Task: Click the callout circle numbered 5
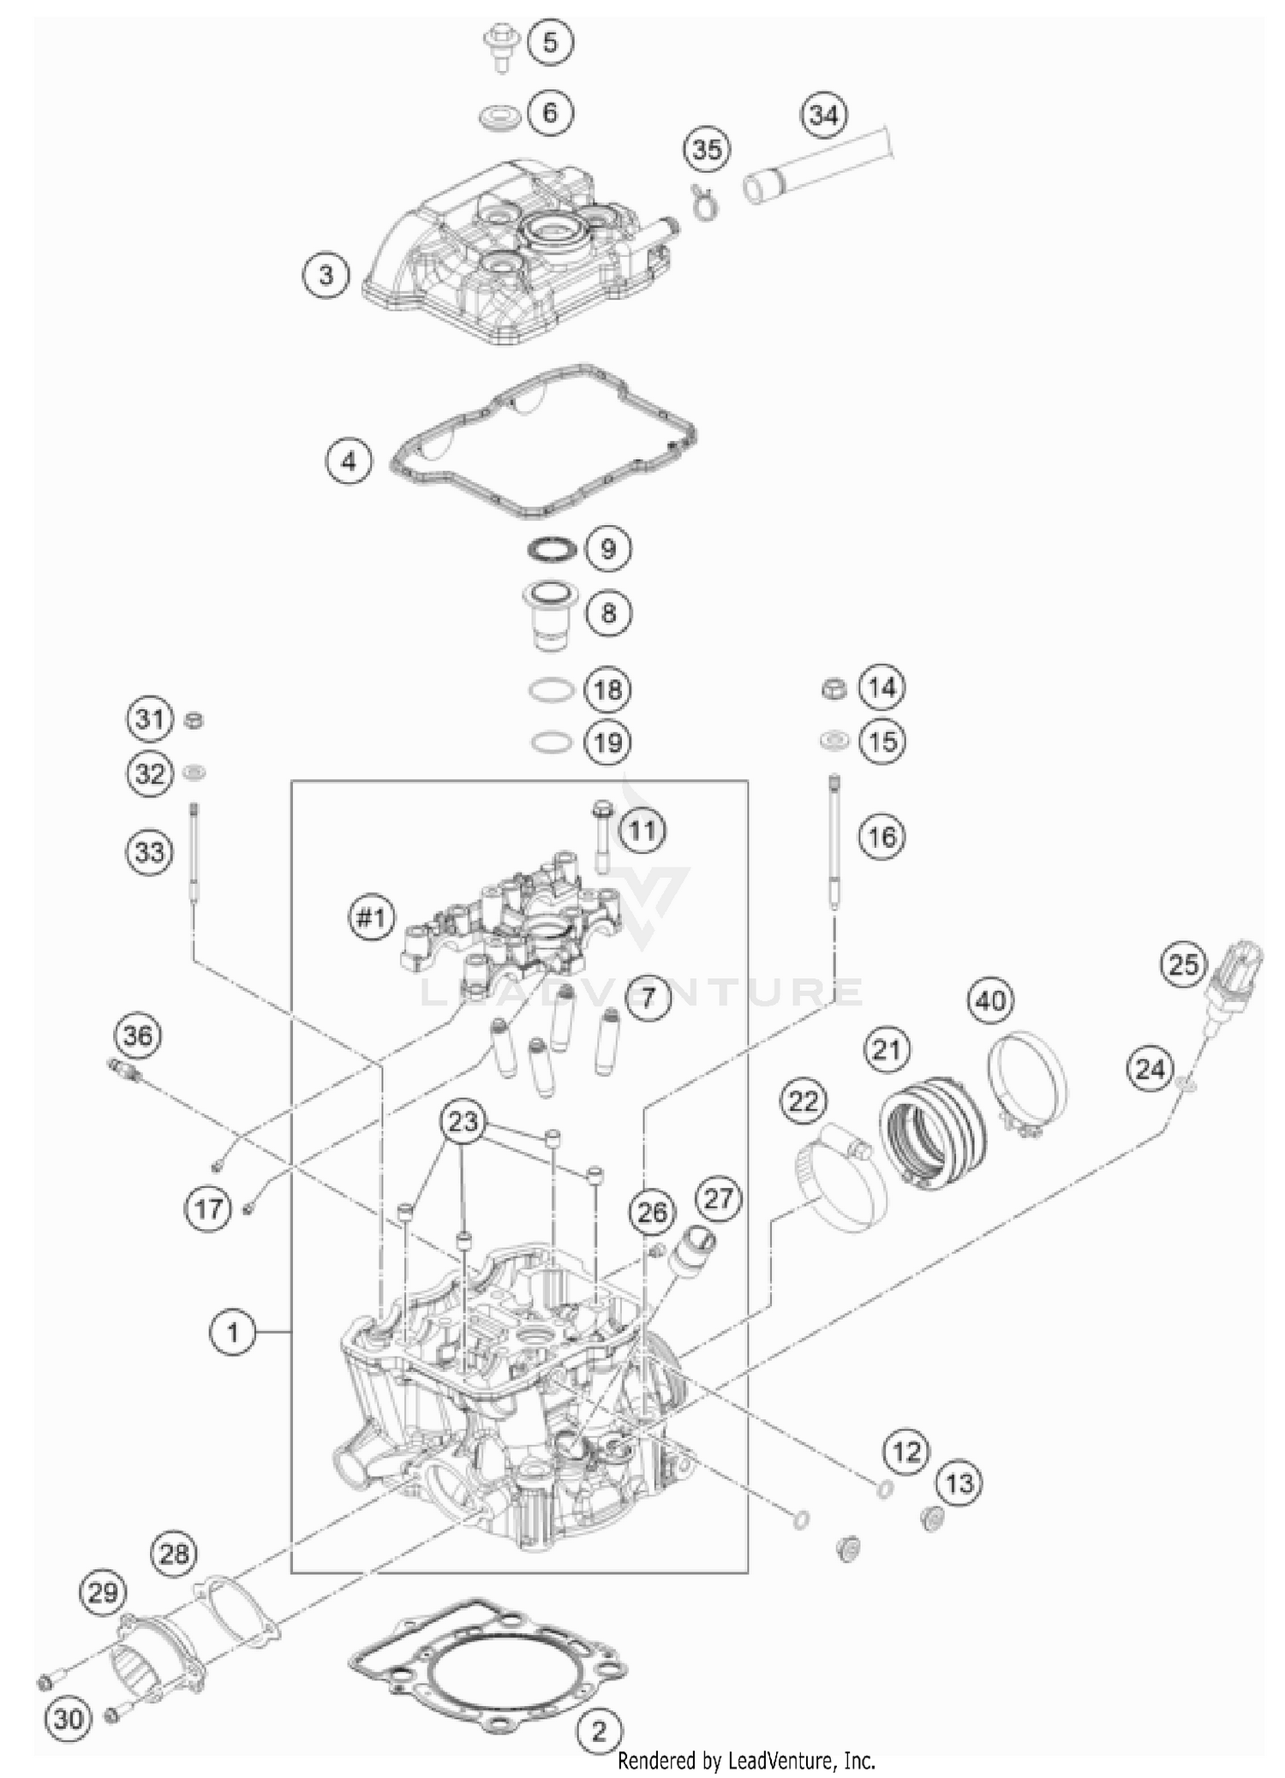click(x=550, y=42)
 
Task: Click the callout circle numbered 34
click(x=823, y=115)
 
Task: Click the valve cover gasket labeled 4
click(x=543, y=440)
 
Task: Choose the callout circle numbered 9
click(x=607, y=548)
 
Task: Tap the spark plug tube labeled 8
click(x=549, y=616)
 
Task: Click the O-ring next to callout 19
click(x=551, y=742)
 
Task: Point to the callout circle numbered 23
click(x=463, y=1121)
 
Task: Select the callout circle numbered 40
click(x=990, y=999)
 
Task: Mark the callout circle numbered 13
click(x=959, y=1482)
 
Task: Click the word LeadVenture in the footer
click(x=781, y=1761)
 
